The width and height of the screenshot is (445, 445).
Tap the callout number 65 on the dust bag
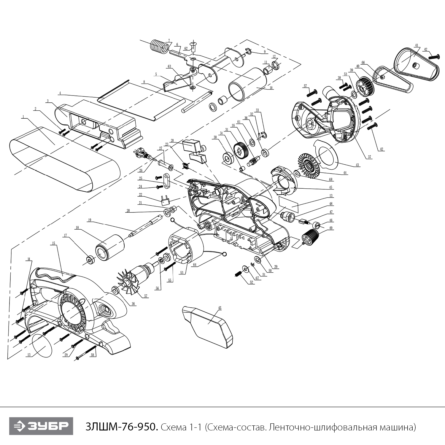220,308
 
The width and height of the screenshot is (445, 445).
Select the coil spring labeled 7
158,47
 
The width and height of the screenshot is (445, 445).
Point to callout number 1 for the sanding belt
22,117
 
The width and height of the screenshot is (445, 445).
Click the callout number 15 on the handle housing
53,243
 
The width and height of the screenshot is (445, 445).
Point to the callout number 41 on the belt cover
417,45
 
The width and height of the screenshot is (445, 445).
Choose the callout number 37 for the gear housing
369,157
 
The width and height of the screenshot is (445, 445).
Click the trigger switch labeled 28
192,146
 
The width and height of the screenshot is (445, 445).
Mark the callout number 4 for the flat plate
60,93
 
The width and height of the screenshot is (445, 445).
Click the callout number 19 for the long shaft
89,220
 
